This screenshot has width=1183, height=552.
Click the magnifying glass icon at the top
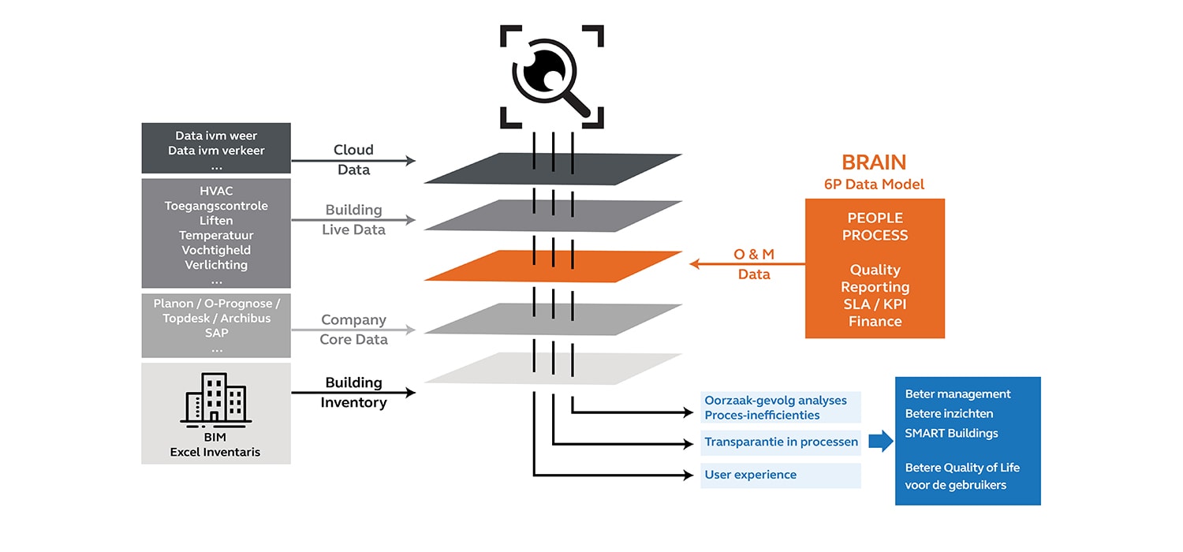(551, 76)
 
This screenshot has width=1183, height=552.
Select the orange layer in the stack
(553, 266)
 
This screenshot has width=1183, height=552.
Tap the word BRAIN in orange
(874, 162)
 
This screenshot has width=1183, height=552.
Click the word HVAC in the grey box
(216, 191)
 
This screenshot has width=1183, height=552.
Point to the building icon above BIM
(216, 399)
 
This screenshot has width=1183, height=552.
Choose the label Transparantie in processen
(781, 442)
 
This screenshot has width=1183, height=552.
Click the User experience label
(750, 475)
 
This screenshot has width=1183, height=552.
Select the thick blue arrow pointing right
(880, 442)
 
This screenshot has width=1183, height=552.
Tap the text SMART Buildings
(951, 433)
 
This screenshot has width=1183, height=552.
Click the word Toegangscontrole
(216, 206)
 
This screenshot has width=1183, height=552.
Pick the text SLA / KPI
(875, 304)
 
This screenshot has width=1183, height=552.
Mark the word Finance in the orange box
(875, 322)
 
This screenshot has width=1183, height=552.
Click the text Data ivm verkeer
(216, 151)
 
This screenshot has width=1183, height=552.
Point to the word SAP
(216, 334)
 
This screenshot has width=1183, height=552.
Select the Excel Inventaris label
(216, 452)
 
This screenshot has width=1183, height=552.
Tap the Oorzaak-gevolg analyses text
(775, 400)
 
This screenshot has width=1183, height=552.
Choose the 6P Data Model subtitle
(874, 185)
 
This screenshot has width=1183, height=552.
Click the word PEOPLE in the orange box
(875, 218)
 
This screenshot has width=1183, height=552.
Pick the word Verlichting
(216, 265)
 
